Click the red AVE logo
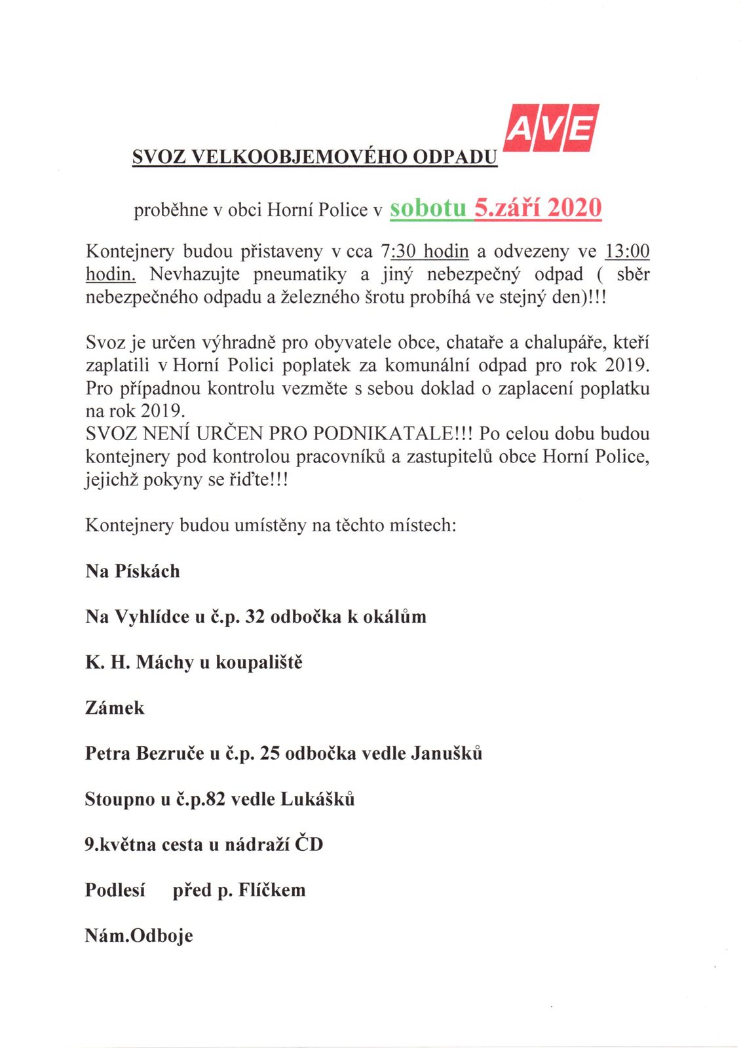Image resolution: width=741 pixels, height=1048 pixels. tap(552, 128)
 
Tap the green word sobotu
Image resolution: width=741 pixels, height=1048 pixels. tap(428, 208)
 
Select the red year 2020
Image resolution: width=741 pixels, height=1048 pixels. tap(574, 208)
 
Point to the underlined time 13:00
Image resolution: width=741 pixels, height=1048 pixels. tap(626, 252)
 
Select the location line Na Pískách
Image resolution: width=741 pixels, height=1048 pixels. tap(132, 571)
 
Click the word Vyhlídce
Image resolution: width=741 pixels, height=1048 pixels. tap(152, 617)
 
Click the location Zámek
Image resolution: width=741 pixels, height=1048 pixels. tap(115, 708)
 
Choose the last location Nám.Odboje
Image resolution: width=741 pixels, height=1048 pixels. tap(139, 935)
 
